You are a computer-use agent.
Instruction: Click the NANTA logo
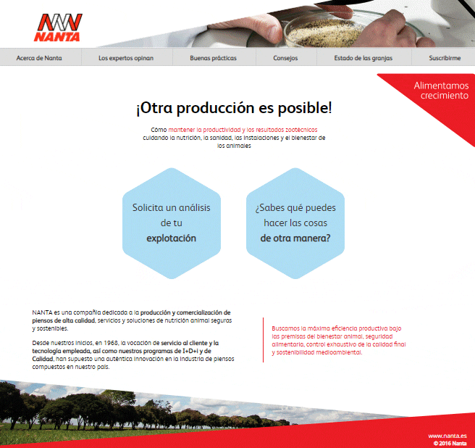pyautogui.click(x=57, y=28)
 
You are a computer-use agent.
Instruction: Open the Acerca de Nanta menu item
pyautogui.click(x=39, y=58)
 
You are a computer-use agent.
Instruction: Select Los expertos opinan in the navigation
pyautogui.click(x=126, y=58)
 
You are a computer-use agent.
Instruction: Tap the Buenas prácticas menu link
pyautogui.click(x=214, y=58)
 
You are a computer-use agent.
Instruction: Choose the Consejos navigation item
pyautogui.click(x=285, y=58)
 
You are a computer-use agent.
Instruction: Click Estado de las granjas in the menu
pyautogui.click(x=363, y=58)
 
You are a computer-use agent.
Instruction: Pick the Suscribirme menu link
pyautogui.click(x=445, y=58)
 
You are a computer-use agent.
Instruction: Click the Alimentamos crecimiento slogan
pyautogui.click(x=442, y=91)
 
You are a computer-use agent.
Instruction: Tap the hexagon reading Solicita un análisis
pyautogui.click(x=172, y=223)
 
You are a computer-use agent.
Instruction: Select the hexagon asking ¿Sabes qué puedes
pyautogui.click(x=295, y=223)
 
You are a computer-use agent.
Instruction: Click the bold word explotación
pyautogui.click(x=172, y=238)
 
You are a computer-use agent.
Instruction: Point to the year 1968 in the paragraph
pyautogui.click(x=111, y=343)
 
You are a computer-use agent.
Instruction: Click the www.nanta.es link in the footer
pyautogui.click(x=447, y=436)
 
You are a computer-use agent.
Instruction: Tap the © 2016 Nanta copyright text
pyautogui.click(x=450, y=443)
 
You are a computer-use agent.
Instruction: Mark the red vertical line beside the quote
pyautogui.click(x=264, y=340)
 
